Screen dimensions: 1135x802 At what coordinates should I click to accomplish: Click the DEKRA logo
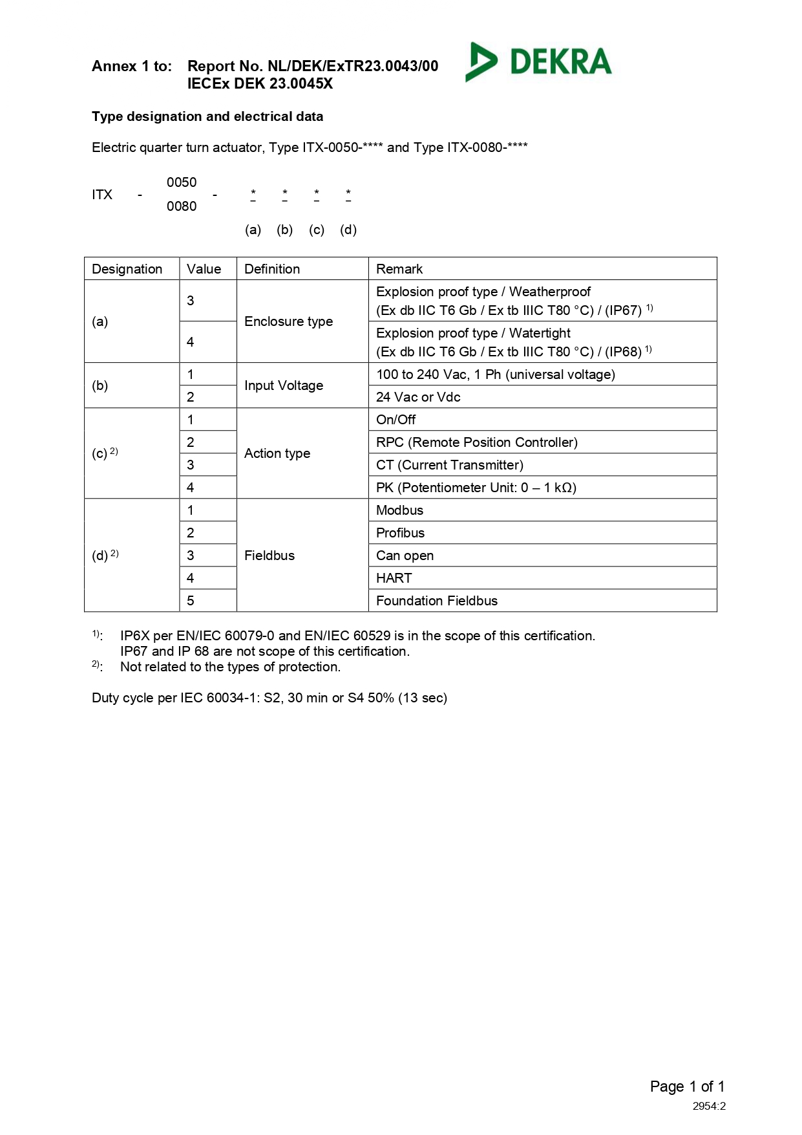(x=538, y=62)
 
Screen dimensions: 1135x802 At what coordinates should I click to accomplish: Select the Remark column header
(x=399, y=269)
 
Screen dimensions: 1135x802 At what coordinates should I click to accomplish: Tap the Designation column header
(x=127, y=269)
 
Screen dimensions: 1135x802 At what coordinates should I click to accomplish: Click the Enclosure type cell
(x=288, y=321)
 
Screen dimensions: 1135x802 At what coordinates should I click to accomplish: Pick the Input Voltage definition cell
(x=283, y=385)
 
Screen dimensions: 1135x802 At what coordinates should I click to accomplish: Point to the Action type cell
(x=277, y=453)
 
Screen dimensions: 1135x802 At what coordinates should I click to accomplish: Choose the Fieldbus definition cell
(x=269, y=556)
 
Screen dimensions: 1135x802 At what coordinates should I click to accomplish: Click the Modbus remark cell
(x=399, y=510)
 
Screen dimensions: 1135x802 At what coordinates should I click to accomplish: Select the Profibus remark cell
(x=400, y=533)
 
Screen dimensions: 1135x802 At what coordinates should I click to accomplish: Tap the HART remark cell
(x=394, y=578)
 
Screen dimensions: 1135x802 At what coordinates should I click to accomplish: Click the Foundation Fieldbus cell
(x=436, y=601)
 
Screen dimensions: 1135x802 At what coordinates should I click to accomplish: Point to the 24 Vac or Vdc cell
(x=418, y=397)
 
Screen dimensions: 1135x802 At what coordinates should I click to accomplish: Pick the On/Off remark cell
(x=396, y=420)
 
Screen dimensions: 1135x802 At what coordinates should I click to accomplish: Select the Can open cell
(x=405, y=556)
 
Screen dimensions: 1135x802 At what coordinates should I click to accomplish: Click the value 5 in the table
(x=191, y=601)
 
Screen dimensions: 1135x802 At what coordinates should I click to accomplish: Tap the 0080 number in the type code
(x=182, y=206)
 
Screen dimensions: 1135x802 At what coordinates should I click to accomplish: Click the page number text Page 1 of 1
(x=687, y=1086)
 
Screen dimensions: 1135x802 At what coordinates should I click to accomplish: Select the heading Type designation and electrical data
(x=207, y=116)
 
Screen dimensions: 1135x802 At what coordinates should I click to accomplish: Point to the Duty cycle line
(x=269, y=698)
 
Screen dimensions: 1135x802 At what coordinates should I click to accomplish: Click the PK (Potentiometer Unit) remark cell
(x=476, y=488)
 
